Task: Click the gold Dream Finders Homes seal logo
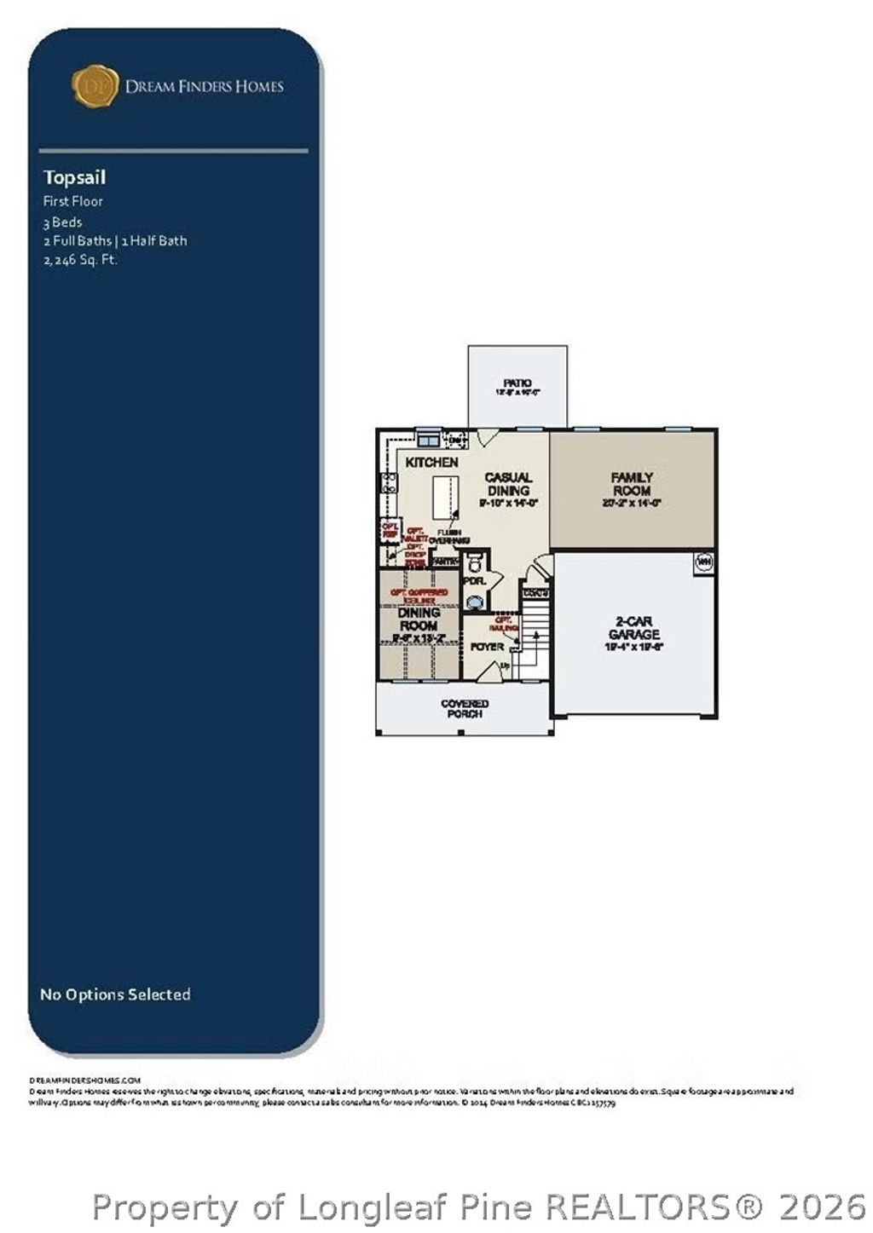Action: (x=94, y=86)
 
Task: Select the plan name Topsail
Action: (x=74, y=177)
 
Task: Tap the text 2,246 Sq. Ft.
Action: (x=80, y=259)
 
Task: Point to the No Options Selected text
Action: (x=115, y=994)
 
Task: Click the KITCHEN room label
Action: (x=431, y=462)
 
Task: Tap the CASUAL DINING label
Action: (x=508, y=484)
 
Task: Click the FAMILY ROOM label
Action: (x=632, y=484)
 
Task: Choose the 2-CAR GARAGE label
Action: (x=633, y=628)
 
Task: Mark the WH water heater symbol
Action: (x=704, y=562)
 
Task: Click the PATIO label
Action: (x=517, y=383)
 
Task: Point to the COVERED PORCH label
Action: (x=465, y=708)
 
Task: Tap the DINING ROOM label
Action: (x=419, y=619)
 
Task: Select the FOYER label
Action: (x=487, y=648)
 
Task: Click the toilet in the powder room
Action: (x=475, y=561)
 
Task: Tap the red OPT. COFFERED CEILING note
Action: (x=419, y=596)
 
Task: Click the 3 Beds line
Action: (x=63, y=222)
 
